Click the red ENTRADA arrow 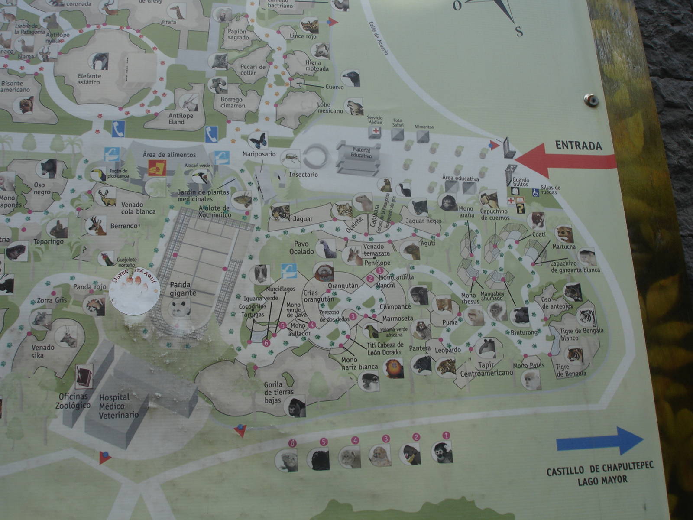point(563,160)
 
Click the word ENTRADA point(579,145)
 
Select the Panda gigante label point(183,289)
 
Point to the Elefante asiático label point(89,79)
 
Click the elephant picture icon point(100,61)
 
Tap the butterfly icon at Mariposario point(258,140)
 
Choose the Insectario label point(303,175)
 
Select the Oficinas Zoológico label point(73,401)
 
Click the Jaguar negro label point(424,221)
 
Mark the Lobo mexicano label point(330,108)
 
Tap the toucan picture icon point(98,174)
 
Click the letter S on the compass point(518,31)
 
